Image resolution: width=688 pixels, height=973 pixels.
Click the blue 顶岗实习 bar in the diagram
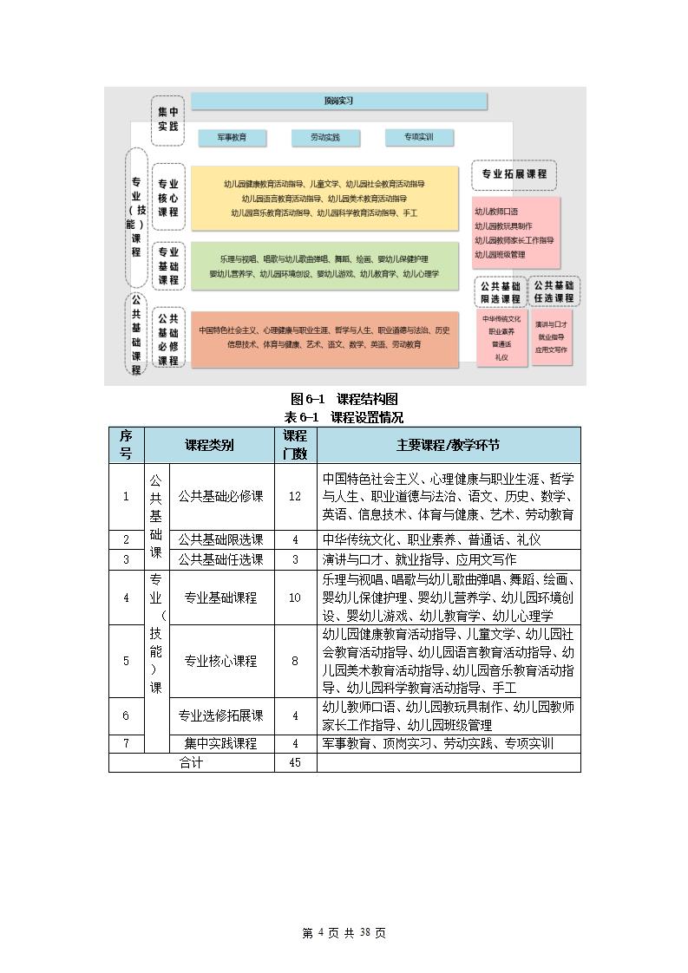pyautogui.click(x=338, y=101)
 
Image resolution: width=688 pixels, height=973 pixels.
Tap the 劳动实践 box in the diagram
pyautogui.click(x=325, y=137)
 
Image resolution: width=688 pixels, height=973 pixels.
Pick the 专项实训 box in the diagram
pyautogui.click(x=418, y=137)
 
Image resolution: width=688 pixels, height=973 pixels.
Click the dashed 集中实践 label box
pyautogui.click(x=167, y=120)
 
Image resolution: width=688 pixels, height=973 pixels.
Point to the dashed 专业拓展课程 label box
pyautogui.click(x=514, y=174)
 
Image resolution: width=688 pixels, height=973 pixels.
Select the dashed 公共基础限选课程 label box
pyautogui.click(x=499, y=292)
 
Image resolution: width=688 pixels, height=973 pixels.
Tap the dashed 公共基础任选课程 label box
pyautogui.click(x=554, y=291)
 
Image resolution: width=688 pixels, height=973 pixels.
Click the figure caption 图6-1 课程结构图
pyautogui.click(x=344, y=399)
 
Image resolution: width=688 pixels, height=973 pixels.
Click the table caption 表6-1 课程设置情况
pyautogui.click(x=344, y=417)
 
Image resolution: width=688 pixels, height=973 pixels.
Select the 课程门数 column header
pyautogui.click(x=295, y=444)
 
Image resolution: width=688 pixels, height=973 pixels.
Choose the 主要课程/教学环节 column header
pyautogui.click(x=448, y=445)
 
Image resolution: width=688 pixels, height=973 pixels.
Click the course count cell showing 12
pyautogui.click(x=295, y=496)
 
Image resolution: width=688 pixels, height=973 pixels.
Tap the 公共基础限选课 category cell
pyautogui.click(x=220, y=539)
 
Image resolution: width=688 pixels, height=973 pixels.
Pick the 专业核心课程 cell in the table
pyautogui.click(x=220, y=661)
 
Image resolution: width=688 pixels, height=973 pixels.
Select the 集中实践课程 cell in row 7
pyautogui.click(x=220, y=744)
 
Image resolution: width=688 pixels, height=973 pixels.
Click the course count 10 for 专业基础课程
pyautogui.click(x=295, y=598)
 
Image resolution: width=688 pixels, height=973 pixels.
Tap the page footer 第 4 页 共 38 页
pyautogui.click(x=344, y=933)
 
